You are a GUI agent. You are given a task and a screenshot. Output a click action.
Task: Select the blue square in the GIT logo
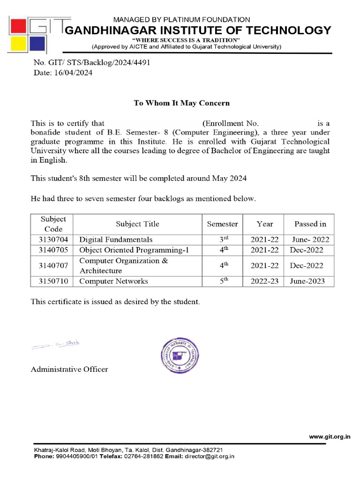point(38,45)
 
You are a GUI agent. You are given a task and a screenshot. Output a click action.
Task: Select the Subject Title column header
point(137,224)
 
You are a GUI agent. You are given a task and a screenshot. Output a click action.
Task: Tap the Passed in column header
point(310,224)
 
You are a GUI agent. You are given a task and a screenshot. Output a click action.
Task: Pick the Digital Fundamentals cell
point(116,240)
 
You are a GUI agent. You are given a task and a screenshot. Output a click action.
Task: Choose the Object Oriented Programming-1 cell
point(134,250)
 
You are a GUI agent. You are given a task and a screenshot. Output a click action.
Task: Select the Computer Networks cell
point(113,281)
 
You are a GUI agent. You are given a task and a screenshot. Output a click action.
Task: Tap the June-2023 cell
point(310,281)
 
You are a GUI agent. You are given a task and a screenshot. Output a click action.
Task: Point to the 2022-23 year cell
point(264,281)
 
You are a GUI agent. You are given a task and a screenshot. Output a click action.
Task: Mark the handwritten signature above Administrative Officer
point(56,345)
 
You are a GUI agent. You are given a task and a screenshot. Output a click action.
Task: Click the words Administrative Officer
point(69,369)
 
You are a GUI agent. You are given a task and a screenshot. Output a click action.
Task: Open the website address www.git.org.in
point(330,436)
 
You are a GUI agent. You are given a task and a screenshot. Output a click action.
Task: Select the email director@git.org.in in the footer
point(209,456)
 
